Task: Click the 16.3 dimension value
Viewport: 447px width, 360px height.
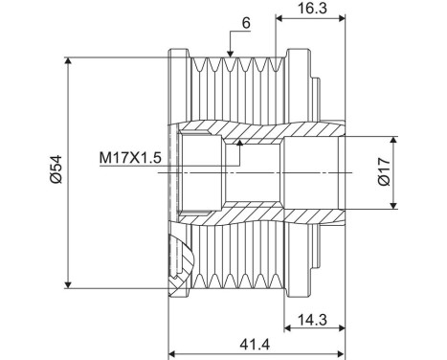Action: [307, 8]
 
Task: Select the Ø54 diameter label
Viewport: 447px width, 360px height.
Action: [56, 171]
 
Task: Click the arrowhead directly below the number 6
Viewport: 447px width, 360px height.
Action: [231, 52]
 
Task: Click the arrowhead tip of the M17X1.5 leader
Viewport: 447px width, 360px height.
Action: [241, 141]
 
